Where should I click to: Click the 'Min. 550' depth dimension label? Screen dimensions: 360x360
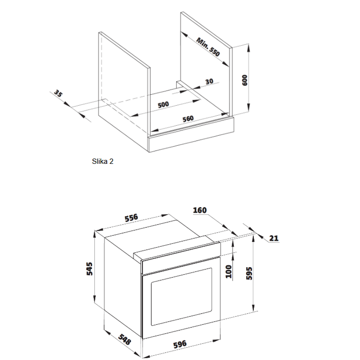tap(208, 47)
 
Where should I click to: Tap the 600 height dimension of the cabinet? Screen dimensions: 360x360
tap(245, 80)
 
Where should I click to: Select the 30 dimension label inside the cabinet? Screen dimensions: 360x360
tap(209, 82)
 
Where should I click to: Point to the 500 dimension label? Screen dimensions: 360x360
tap(163, 105)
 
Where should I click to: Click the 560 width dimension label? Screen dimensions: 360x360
tap(188, 119)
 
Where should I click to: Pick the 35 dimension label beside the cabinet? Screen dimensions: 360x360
tap(58, 93)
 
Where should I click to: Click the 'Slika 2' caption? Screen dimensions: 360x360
tap(103, 161)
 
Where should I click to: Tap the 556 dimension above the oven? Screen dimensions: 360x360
tap(131, 218)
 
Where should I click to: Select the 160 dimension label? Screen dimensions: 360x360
tap(200, 210)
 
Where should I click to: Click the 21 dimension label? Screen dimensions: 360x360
tap(274, 238)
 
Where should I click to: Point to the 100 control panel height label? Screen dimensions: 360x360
tap(229, 272)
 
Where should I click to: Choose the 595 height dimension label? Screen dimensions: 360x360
tap(249, 273)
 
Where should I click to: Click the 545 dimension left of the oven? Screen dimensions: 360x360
tap(89, 269)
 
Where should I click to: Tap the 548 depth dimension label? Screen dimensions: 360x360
tap(125, 340)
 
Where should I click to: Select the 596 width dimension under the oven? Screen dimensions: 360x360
tap(180, 344)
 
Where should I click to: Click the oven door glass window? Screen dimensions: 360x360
tap(181, 297)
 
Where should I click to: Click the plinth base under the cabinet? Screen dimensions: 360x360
tap(191, 135)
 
